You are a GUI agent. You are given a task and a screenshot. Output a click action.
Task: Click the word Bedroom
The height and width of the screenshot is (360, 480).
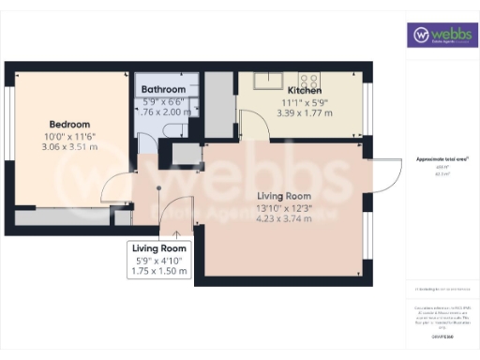[70, 125]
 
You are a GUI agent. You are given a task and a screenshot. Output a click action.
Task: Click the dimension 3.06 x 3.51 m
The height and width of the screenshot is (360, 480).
[70, 147]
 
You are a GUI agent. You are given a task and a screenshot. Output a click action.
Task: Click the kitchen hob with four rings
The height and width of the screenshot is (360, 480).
[309, 77]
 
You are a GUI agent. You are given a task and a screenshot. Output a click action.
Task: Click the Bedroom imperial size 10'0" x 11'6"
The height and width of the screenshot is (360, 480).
[70, 136]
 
